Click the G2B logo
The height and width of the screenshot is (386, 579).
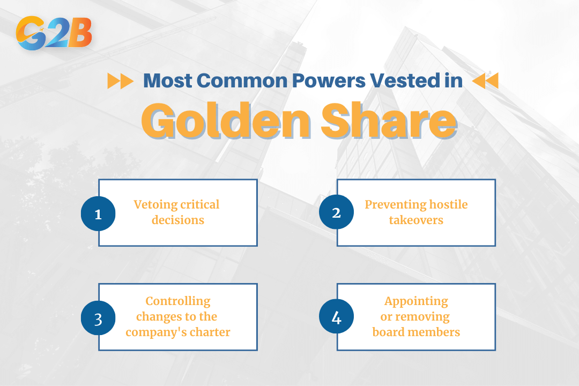(x=54, y=33)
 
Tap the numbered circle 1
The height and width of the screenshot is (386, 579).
(x=98, y=213)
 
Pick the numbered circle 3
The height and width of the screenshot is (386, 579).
(x=98, y=318)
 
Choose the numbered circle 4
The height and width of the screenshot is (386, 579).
(x=336, y=318)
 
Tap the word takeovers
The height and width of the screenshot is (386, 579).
(x=416, y=220)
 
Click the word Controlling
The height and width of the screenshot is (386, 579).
(x=178, y=301)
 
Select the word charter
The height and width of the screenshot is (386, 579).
(x=209, y=332)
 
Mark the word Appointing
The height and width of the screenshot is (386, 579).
(x=416, y=301)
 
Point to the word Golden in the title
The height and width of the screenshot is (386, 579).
(x=226, y=122)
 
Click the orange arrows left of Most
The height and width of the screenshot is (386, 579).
(x=120, y=81)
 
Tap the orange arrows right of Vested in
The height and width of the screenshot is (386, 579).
(x=486, y=81)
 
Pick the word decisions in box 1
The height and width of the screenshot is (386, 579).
(x=178, y=220)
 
